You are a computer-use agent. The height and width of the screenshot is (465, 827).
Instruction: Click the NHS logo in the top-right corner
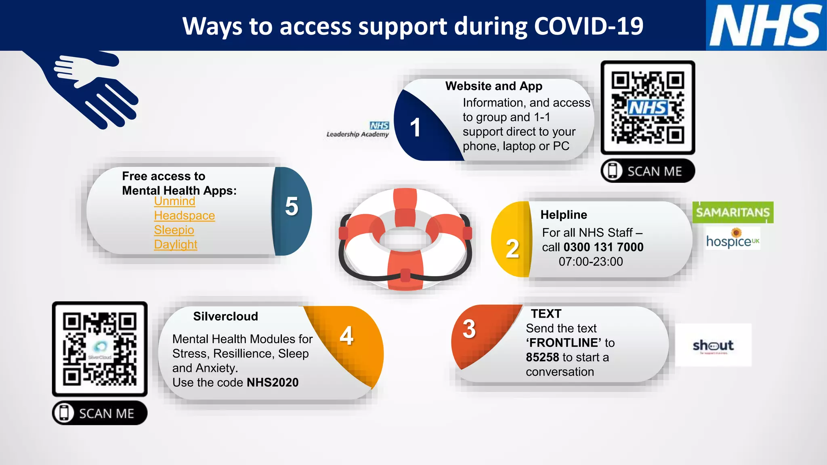[766, 25]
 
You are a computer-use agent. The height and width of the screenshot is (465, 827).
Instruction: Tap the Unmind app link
[174, 201]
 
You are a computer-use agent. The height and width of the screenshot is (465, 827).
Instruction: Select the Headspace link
[184, 216]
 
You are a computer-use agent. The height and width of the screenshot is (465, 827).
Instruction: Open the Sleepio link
[174, 230]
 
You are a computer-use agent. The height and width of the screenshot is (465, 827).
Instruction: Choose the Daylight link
[176, 245]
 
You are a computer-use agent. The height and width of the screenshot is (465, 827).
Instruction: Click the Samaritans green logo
[733, 212]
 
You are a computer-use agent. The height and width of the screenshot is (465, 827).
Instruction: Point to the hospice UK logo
[733, 239]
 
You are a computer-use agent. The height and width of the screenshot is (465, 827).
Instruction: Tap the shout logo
[713, 346]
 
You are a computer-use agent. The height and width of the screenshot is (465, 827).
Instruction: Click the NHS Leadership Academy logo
[358, 130]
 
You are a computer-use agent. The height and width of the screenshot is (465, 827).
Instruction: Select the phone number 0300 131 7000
[603, 247]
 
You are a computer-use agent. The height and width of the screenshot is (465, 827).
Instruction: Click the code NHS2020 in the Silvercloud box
[273, 382]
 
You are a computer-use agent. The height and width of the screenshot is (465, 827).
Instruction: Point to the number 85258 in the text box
[542, 357]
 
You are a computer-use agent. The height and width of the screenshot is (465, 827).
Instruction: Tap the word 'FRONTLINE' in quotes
[563, 343]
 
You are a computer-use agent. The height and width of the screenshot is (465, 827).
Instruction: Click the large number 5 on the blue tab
[292, 206]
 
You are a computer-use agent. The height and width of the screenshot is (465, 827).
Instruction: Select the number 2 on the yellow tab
[512, 249]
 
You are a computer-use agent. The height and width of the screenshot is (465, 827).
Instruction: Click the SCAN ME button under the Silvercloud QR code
[100, 413]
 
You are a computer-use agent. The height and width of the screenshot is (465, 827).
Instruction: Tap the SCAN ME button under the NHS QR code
[648, 171]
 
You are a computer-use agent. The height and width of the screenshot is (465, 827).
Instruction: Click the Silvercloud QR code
[100, 349]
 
